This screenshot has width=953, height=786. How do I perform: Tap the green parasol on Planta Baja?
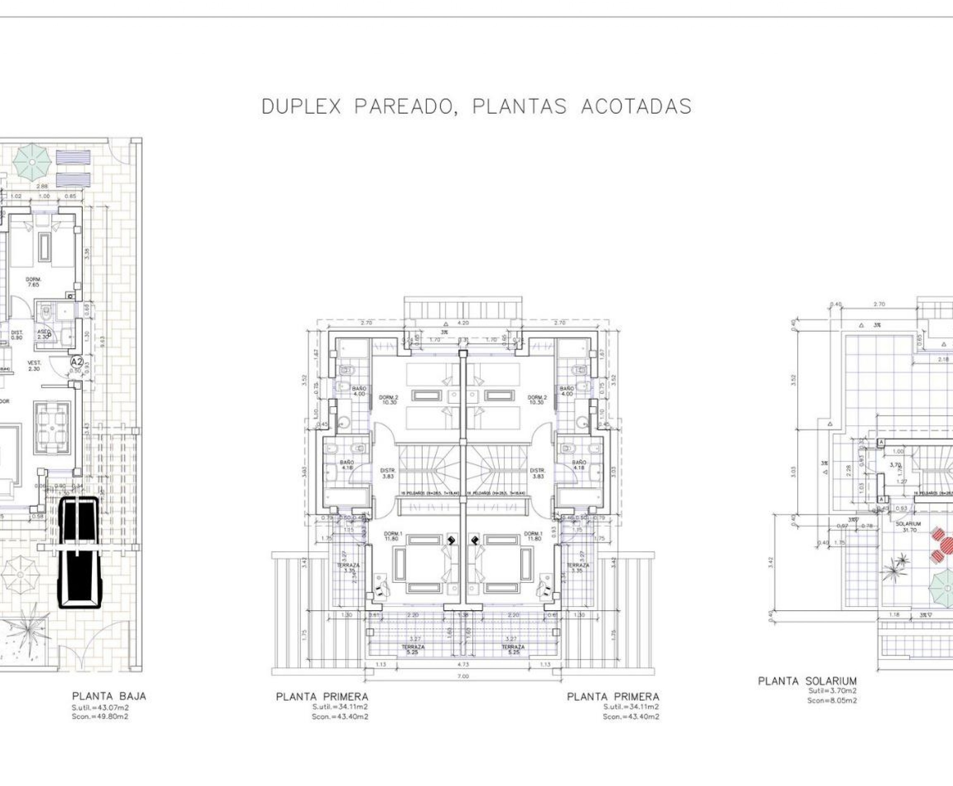coord(32,162)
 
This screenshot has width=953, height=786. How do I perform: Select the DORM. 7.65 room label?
coord(34,282)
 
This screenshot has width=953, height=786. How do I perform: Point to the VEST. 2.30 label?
coord(34,366)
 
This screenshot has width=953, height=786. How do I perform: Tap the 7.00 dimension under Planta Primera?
coord(463,676)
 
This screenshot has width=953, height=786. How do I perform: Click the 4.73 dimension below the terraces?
coord(463,665)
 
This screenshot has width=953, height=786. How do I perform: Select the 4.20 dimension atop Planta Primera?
coord(463,323)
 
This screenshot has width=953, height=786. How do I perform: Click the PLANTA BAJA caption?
coord(109,696)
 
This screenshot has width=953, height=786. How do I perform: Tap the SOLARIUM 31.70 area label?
coord(908,527)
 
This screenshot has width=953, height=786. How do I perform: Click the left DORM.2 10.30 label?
coord(388,399)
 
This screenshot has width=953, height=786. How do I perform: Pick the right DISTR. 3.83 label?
coord(537,473)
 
